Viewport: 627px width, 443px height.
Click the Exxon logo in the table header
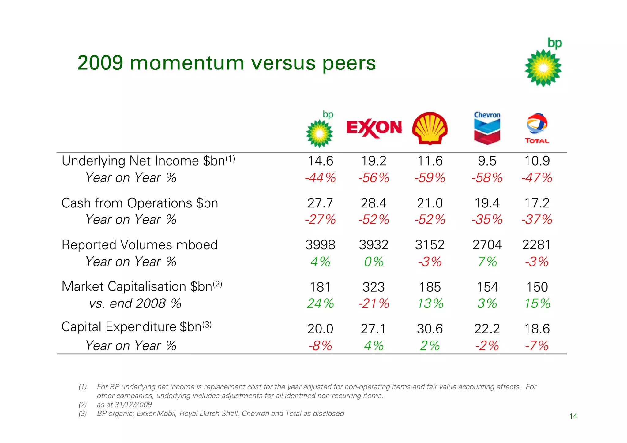374,128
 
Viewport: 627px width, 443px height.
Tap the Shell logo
430,128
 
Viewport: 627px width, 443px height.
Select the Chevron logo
487,128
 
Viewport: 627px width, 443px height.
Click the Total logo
537,128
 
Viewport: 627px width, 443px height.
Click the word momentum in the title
187,63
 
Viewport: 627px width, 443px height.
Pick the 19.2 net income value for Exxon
374,161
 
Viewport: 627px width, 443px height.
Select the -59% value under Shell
430,178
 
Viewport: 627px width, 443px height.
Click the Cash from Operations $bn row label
140,203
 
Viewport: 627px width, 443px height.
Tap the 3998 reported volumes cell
320,245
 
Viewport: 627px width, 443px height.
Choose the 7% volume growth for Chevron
487,262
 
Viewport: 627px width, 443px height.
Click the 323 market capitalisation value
374,287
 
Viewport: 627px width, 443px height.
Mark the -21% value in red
374,304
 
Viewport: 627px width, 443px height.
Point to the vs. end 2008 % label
135,304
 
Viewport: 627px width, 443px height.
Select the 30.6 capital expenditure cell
430,329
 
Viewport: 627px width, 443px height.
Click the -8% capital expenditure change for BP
320,346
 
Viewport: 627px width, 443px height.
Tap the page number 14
573,416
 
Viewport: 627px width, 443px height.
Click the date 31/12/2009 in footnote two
133,405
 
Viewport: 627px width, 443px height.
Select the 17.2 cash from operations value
537,203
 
